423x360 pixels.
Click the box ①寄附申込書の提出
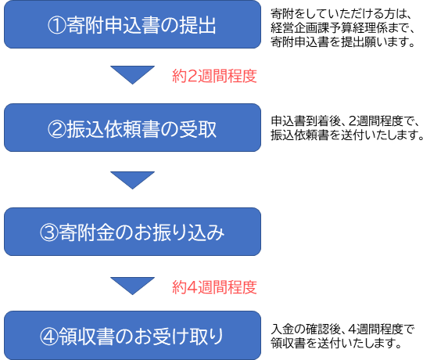(132, 24)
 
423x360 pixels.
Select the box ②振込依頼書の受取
(132, 128)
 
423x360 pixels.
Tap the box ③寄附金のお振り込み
(132, 232)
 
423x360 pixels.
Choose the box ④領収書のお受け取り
(132, 336)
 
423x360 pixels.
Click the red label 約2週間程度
(214, 76)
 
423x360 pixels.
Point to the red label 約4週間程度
(214, 287)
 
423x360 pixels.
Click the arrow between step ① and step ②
(132, 74)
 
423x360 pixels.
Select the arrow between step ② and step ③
(132, 179)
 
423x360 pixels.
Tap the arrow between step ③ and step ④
(132, 285)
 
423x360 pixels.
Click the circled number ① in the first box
(57, 25)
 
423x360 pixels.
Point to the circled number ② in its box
(57, 129)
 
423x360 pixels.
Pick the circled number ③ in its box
(49, 232)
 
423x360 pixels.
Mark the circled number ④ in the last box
(49, 337)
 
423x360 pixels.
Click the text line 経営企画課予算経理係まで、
(342, 28)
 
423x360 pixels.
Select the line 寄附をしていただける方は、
(341, 14)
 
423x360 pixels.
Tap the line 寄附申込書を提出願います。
(342, 42)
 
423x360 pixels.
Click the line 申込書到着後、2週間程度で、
(345, 121)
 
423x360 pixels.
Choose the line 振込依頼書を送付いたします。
(346, 135)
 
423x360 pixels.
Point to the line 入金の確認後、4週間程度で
(342, 329)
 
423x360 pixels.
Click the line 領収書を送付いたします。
(336, 343)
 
